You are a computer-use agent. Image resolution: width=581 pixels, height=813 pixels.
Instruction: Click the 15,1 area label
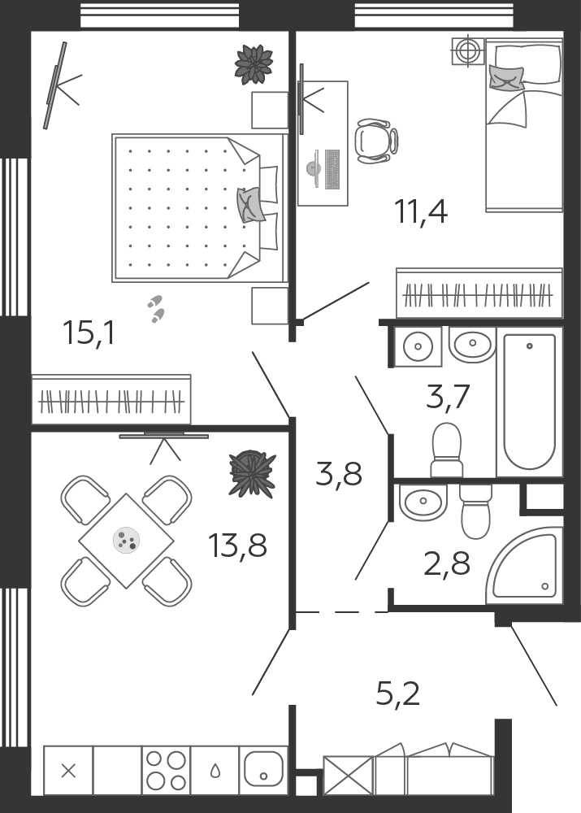coord(88,333)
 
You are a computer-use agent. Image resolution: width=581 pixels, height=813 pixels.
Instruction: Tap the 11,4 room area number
coord(421,211)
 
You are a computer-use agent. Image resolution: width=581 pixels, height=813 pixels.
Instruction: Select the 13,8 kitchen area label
coord(237,545)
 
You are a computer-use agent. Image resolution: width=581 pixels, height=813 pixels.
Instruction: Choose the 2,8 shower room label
coord(447,563)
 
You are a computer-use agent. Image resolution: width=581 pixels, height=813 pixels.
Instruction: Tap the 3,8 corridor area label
coord(338,474)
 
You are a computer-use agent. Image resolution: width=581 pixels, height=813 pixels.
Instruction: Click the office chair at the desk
coord(376,141)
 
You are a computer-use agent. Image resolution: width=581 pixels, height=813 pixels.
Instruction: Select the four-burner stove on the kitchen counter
coord(166,770)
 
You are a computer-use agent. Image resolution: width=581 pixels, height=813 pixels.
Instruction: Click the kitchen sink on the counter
coord(263,770)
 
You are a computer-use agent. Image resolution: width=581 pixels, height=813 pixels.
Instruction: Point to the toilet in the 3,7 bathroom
coord(446,450)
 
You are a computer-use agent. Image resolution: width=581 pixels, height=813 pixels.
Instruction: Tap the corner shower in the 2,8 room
coord(524,566)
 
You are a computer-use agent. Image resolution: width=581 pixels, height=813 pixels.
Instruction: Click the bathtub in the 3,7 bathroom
coord(530,402)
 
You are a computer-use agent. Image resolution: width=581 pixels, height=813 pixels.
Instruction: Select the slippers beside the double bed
coord(155,309)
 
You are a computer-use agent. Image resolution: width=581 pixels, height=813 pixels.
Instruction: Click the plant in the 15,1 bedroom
coord(254,64)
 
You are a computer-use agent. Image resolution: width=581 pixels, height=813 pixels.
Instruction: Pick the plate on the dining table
coord(127,541)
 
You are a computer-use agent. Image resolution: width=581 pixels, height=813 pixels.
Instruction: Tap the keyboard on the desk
coord(332,169)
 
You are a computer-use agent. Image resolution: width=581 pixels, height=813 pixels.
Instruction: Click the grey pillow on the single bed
coord(506,78)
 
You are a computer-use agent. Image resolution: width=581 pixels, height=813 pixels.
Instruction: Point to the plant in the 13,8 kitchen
coord(253,473)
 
